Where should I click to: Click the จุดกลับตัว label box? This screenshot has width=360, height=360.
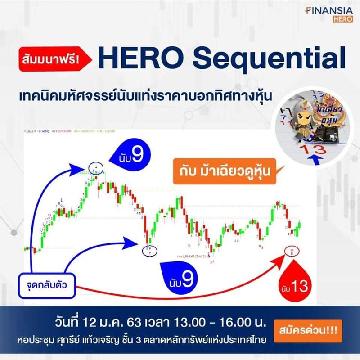point(47,284)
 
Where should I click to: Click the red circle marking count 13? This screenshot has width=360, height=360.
point(292,251)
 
